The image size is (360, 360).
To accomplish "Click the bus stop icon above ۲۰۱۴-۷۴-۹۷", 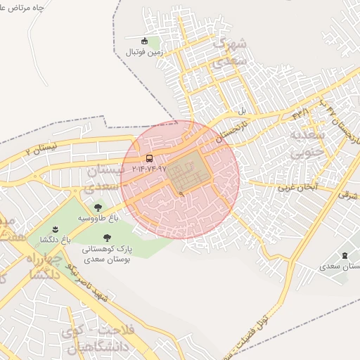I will click(x=149, y=158).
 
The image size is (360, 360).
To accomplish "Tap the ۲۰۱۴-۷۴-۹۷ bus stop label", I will click(x=149, y=169).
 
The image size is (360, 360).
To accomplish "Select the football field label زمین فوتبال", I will click(x=144, y=52).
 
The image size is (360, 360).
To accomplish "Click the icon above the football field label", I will click(x=145, y=40).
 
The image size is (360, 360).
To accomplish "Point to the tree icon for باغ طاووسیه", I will click(x=98, y=207).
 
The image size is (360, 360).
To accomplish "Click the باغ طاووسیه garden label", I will click(x=98, y=218).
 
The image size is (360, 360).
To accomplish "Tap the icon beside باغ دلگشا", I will click(x=56, y=230).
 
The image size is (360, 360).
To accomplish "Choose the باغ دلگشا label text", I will click(x=56, y=240).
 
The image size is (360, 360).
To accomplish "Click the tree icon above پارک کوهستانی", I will click(x=106, y=238).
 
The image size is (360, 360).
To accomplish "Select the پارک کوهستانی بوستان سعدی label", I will click(x=106, y=254).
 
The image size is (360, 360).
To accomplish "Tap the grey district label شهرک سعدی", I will click(x=229, y=53).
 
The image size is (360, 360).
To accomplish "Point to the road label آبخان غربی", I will click(x=297, y=187).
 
